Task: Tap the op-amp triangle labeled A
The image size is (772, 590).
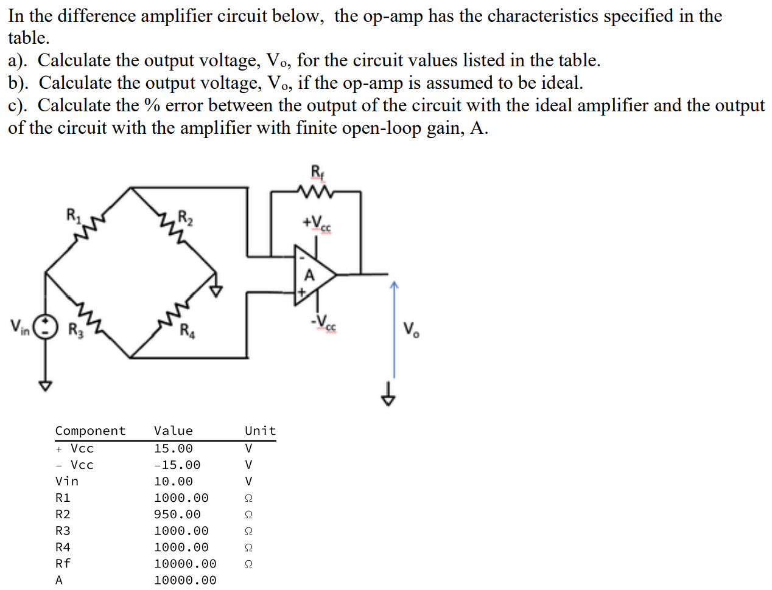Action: [313, 275]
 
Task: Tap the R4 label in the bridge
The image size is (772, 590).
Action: [187, 331]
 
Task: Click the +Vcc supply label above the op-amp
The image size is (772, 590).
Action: [317, 223]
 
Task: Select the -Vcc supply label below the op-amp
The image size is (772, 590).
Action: [323, 322]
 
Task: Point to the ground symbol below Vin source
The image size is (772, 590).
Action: [44, 386]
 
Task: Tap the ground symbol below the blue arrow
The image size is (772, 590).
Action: [389, 398]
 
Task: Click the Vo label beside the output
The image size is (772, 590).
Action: [411, 330]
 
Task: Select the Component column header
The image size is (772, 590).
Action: [90, 431]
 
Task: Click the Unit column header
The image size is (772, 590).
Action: [260, 431]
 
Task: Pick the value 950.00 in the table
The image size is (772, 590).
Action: [177, 515]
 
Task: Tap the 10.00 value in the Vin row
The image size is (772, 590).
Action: [174, 482]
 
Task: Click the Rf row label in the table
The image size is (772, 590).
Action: [63, 564]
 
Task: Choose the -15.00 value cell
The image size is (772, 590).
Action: [177, 465]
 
